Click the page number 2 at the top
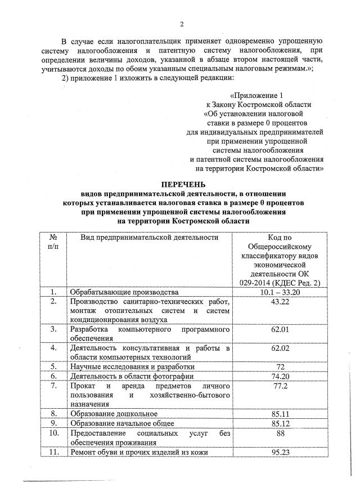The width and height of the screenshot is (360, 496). pos(182,23)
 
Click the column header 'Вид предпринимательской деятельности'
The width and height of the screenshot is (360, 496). pos(149,238)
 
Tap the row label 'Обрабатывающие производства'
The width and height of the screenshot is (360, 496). pos(124,292)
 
